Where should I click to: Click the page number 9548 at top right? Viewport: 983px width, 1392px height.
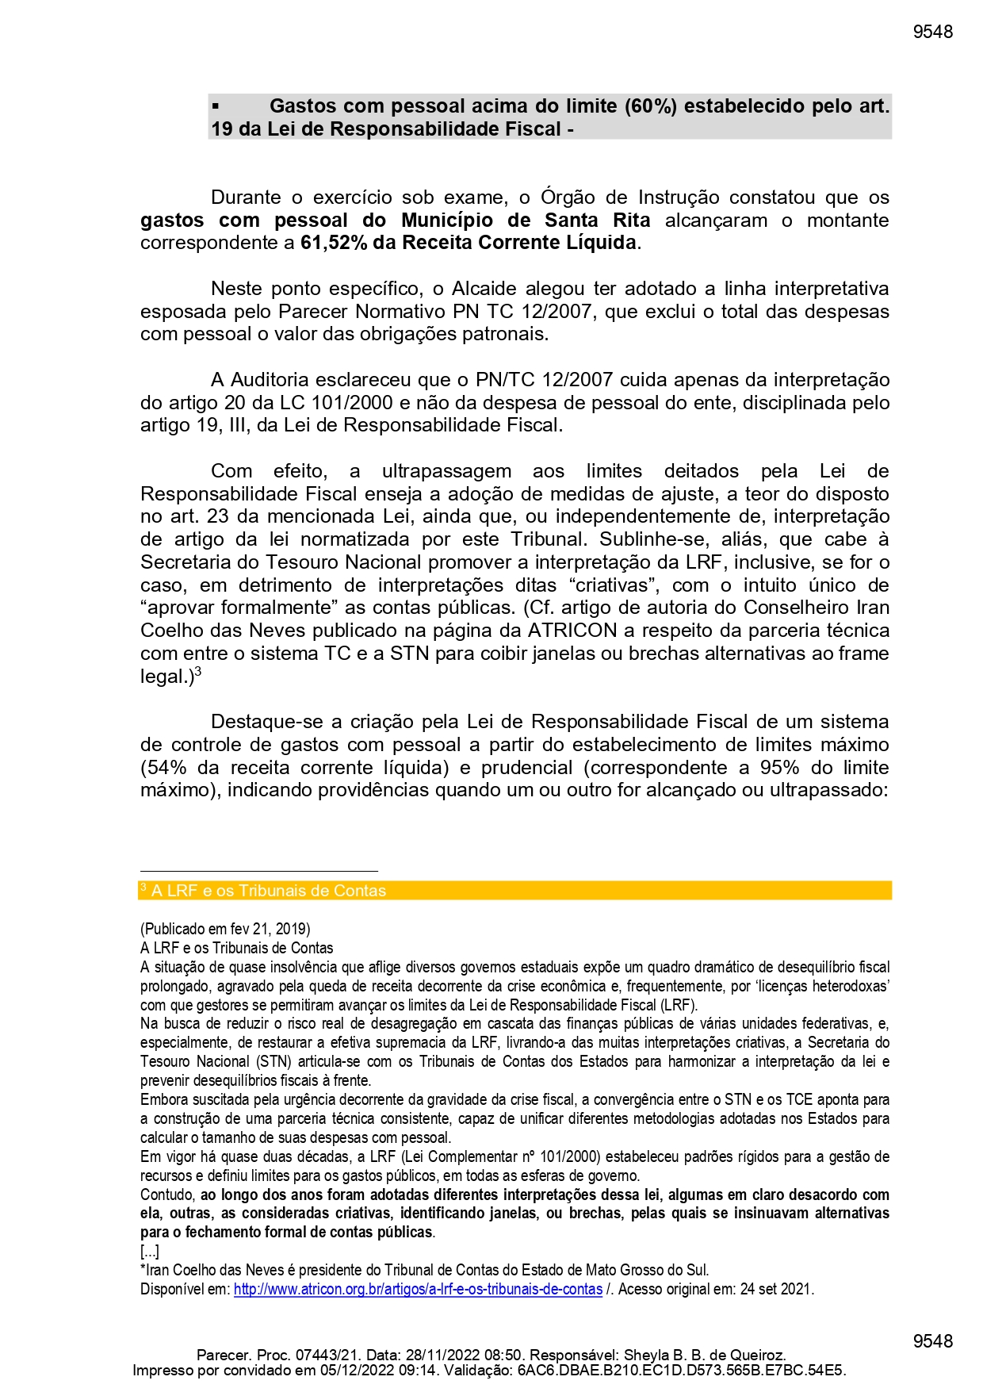point(932,32)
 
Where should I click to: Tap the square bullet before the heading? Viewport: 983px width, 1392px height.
point(216,105)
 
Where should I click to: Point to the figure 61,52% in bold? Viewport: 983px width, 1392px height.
point(334,243)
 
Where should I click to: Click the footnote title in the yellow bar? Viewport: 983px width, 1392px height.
point(269,891)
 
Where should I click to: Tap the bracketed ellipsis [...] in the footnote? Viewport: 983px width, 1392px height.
point(150,1252)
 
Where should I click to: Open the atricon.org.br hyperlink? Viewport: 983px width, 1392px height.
point(418,1290)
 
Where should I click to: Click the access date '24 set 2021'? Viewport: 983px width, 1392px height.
point(776,1290)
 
